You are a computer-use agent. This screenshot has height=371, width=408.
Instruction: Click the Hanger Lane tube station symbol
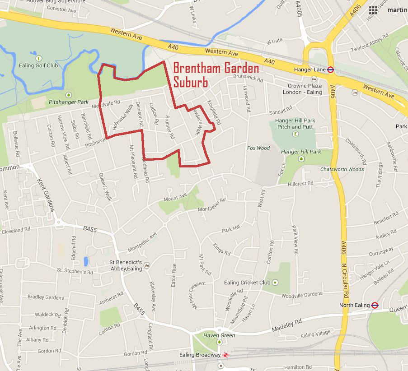tap(330, 70)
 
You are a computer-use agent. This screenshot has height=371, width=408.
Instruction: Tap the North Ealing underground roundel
tap(375, 305)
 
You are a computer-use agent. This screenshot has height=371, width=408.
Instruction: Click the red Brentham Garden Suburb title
tap(216, 75)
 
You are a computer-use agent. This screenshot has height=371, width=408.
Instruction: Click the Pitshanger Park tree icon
tap(69, 95)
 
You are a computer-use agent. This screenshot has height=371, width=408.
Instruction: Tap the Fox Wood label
tap(258, 148)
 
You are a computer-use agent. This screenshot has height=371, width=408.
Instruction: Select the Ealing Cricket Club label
tap(247, 283)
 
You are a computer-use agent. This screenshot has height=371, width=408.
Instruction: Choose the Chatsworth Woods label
tap(342, 169)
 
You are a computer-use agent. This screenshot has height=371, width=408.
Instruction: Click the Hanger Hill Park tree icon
tap(301, 158)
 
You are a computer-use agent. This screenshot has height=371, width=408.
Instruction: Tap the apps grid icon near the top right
tap(373, 10)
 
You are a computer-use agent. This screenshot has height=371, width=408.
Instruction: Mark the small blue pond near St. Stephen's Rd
tap(85, 261)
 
